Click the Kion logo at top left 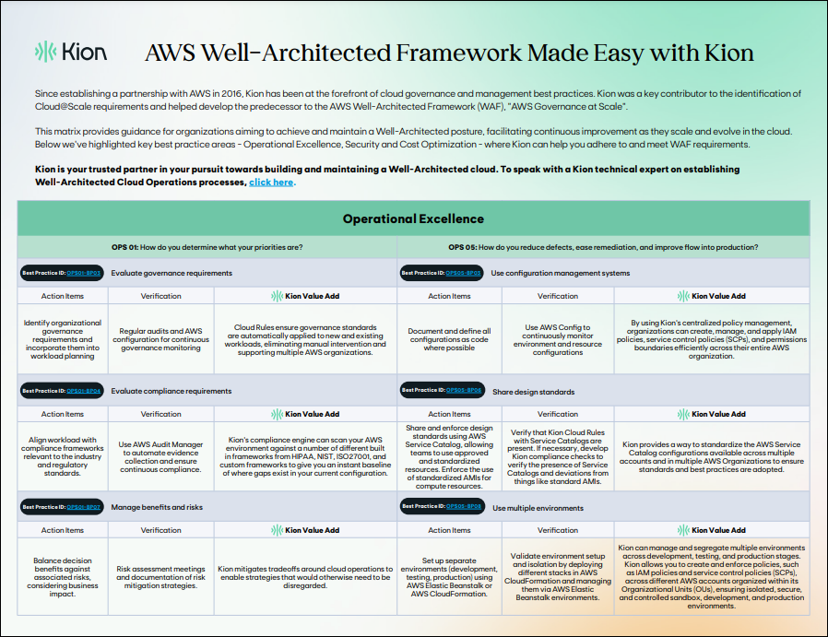pos(70,52)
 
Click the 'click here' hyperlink pos(271,183)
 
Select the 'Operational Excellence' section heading pos(413,218)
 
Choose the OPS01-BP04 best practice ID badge pos(61,391)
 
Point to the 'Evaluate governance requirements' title pos(172,273)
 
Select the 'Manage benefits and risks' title pos(158,507)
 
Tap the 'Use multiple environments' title pos(538,507)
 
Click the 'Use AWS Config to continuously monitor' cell pos(557,339)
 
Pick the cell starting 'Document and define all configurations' pos(449,339)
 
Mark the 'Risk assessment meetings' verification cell pos(160,577)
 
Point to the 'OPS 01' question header pos(207,247)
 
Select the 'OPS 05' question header pos(603,247)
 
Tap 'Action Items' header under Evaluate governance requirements pos(63,296)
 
